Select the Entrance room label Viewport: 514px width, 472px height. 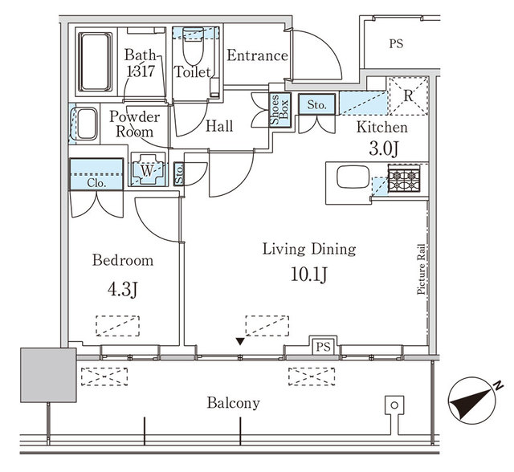[257, 55]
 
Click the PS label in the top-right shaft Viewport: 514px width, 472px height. [395, 44]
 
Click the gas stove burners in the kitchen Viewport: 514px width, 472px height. [404, 178]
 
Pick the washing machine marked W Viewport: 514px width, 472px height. [147, 170]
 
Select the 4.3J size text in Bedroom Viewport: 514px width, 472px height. [122, 289]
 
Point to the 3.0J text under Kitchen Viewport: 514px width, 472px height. [384, 150]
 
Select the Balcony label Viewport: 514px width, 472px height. [233, 403]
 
